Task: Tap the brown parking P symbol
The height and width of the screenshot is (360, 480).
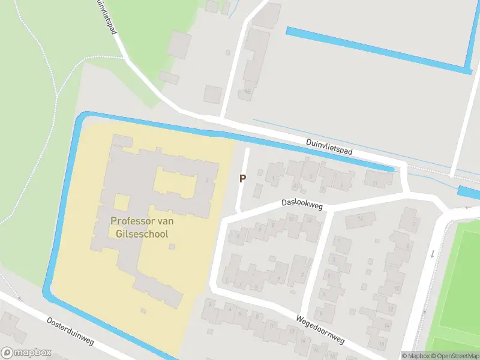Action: [x=242, y=178]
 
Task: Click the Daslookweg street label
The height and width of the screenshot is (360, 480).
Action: [x=302, y=205]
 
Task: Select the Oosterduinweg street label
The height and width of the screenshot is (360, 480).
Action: [x=70, y=331]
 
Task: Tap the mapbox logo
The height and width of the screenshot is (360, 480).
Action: [x=26, y=353]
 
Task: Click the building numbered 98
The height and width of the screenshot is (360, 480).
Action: [x=247, y=92]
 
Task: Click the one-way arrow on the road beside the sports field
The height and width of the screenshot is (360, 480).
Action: [x=431, y=254]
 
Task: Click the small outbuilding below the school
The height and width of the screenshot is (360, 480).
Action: [x=143, y=310]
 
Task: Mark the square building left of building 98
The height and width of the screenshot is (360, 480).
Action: [x=212, y=94]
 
